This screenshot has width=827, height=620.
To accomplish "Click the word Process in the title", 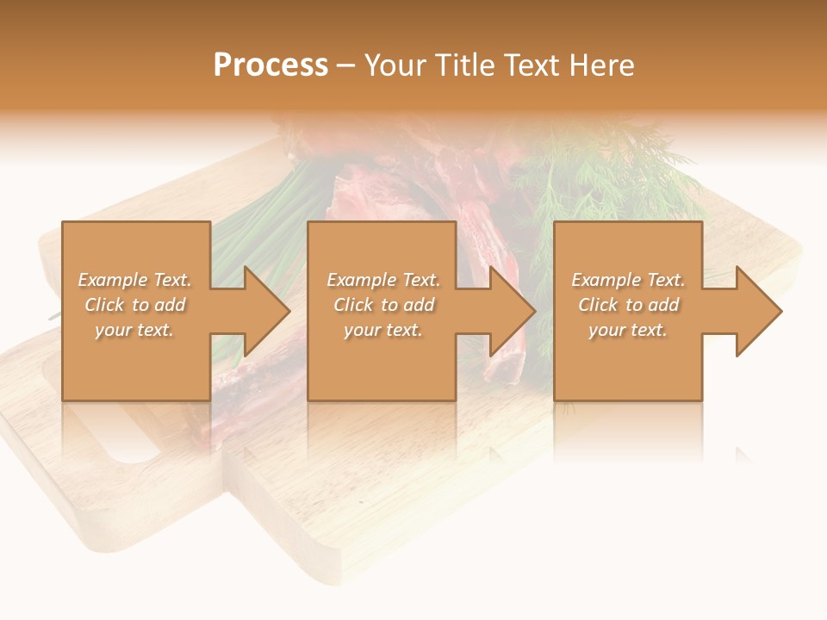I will coord(270,65).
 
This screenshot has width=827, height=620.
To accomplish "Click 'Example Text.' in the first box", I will coord(134,280).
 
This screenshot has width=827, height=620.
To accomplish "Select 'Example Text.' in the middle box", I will coord(382,280).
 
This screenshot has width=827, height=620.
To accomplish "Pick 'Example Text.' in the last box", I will coord(628,280).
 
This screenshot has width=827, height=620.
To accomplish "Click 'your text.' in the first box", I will coord(134,330).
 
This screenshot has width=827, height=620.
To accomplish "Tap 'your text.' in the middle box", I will coord(382,330).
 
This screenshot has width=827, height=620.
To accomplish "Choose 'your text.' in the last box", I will coord(628,330).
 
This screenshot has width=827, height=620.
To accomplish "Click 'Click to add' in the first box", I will coord(134,305).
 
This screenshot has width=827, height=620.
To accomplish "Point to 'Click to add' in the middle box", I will coord(382,305).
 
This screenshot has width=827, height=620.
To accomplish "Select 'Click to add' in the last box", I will coord(628,305).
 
